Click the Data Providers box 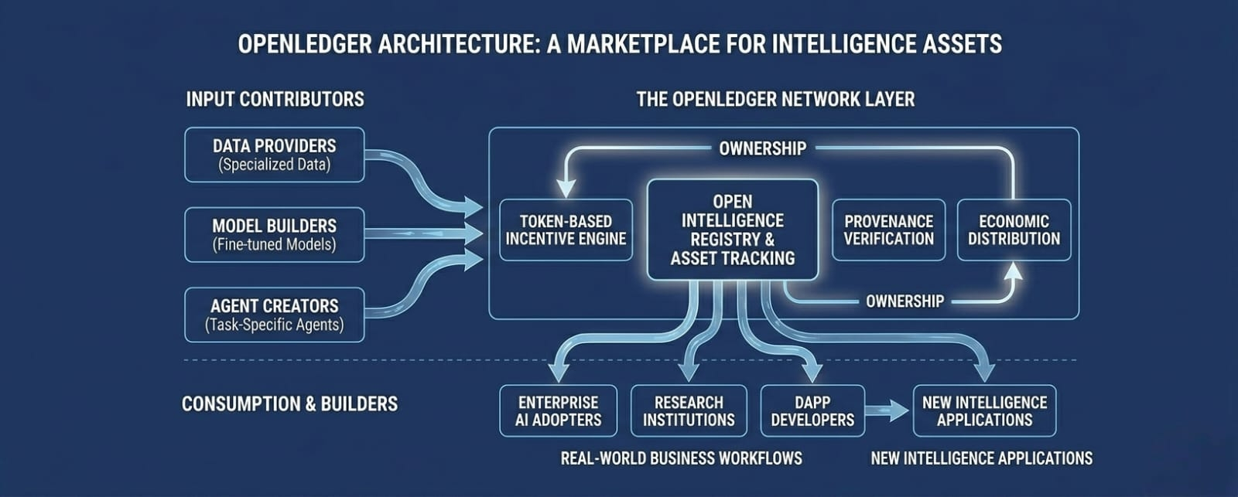(274, 155)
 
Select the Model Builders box (274, 235)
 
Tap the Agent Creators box (274, 315)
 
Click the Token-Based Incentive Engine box (566, 230)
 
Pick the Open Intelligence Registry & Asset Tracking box (733, 230)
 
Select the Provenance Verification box (889, 230)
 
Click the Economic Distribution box (1014, 230)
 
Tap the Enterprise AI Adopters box (558, 411)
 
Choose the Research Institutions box (689, 411)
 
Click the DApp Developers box (812, 411)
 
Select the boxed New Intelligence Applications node (985, 411)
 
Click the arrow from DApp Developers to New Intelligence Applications (887, 411)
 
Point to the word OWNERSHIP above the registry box (763, 148)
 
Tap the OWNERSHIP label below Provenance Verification (905, 301)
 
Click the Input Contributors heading (275, 100)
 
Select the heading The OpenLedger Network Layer (775, 100)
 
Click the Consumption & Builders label (289, 404)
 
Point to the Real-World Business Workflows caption (682, 458)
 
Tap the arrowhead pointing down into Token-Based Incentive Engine (566, 189)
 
